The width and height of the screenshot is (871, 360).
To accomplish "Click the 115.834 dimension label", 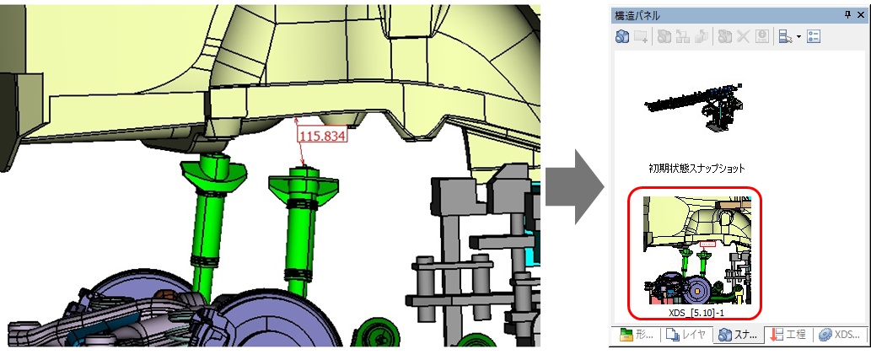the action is pyautogui.click(x=322, y=136).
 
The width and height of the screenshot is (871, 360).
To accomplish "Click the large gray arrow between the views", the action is pyautogui.click(x=574, y=186).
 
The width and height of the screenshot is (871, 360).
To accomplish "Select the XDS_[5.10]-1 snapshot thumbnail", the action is pyautogui.click(x=695, y=250).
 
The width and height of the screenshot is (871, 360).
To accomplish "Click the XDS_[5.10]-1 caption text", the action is pyautogui.click(x=696, y=313).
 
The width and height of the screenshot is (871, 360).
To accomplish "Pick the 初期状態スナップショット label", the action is pyautogui.click(x=696, y=168).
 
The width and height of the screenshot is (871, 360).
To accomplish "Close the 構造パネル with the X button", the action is pyautogui.click(x=860, y=15).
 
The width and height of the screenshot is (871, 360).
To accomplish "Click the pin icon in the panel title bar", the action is pyautogui.click(x=847, y=15).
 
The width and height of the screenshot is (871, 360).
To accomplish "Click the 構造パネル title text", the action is pyautogui.click(x=637, y=15).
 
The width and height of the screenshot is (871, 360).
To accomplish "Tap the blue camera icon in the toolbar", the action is pyautogui.click(x=622, y=36).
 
